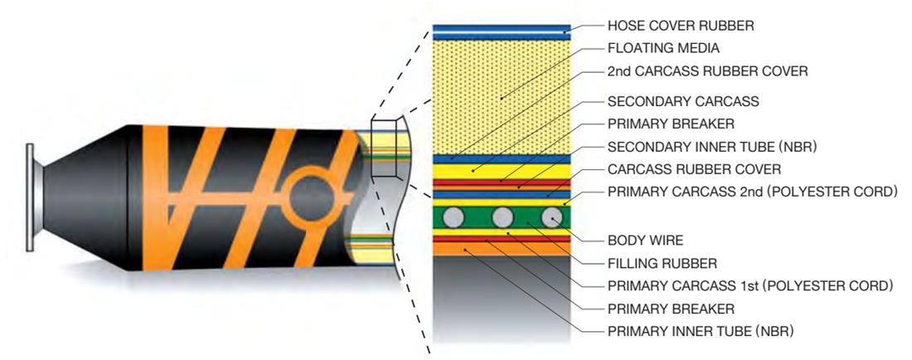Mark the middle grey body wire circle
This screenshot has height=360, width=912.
point(502,219)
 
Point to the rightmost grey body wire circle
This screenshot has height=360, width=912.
point(551,219)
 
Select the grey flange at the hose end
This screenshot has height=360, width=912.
point(31,196)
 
